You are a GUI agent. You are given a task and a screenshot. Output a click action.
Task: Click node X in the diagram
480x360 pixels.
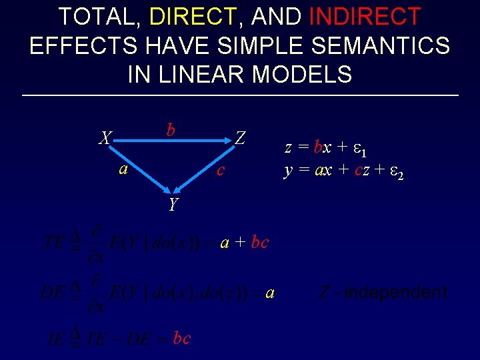(x=105, y=139)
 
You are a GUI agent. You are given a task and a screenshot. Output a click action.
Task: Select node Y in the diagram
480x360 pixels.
(x=173, y=204)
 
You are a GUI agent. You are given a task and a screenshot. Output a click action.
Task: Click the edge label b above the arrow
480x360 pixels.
(x=171, y=129)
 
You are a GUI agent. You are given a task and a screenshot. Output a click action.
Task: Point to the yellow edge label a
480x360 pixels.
(x=123, y=169)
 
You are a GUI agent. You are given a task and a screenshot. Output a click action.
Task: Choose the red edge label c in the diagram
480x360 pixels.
(x=221, y=171)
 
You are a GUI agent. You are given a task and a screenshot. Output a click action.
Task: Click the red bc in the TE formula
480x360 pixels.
(x=259, y=243)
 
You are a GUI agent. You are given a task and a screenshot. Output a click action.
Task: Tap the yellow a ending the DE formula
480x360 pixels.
(x=269, y=293)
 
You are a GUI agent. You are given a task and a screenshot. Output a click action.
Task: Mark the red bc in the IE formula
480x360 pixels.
(x=181, y=338)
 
